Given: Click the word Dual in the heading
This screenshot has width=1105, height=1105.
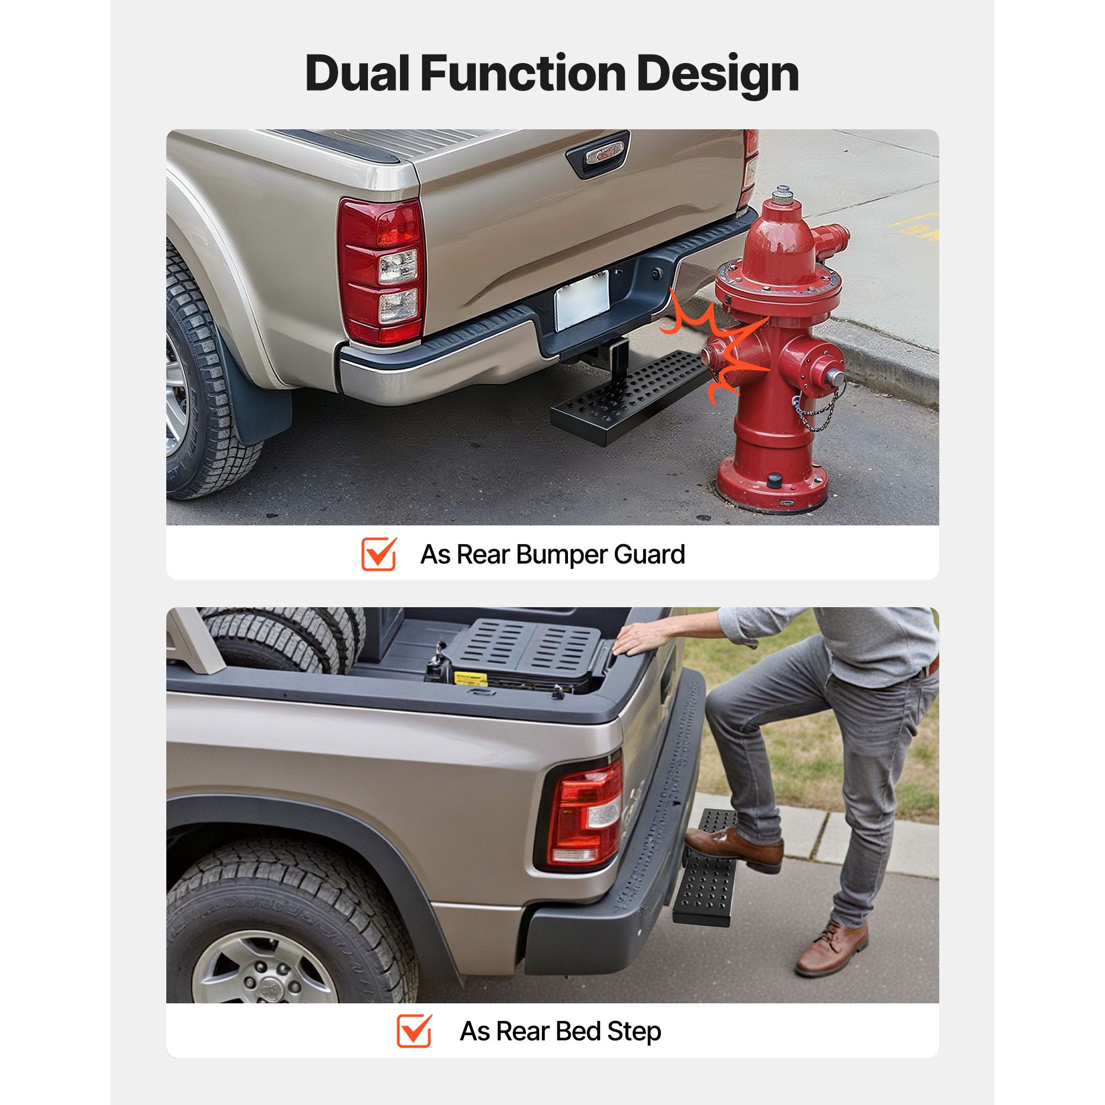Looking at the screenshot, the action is pos(357,74).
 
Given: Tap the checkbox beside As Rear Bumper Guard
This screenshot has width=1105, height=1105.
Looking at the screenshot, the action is pos(379,554).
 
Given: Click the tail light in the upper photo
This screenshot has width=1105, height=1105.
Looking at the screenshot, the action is pos(380,272).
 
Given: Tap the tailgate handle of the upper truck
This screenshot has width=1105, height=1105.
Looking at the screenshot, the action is pos(597,153).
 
